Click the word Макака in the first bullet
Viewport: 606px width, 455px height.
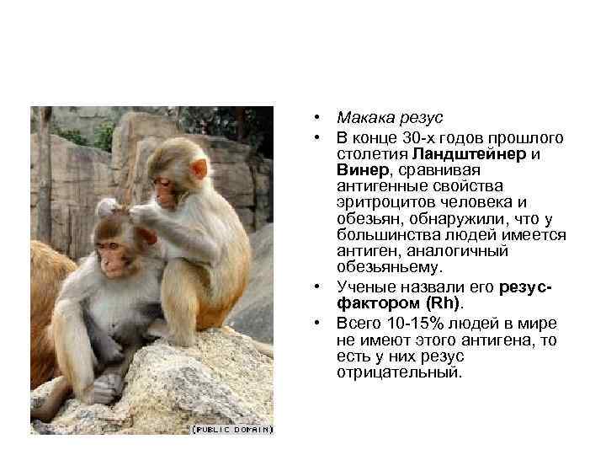(364, 120)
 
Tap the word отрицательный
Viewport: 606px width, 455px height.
(399, 372)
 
